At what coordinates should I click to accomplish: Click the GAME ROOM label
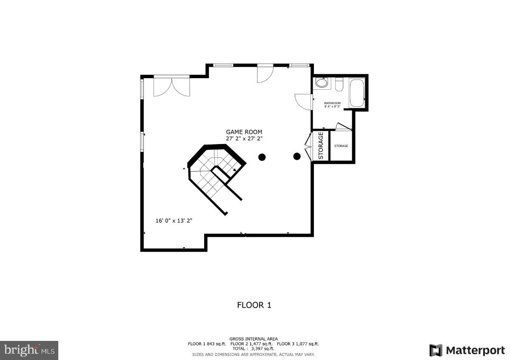point(244,132)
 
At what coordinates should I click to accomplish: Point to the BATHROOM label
point(332,103)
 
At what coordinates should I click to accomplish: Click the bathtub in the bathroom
point(357,93)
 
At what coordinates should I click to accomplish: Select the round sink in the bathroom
point(322,83)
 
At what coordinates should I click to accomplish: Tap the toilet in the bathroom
point(339,85)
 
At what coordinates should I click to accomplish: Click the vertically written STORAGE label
point(321,146)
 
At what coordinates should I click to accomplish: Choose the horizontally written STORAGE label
point(341,146)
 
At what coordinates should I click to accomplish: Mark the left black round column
point(262,157)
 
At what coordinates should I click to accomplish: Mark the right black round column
point(297,156)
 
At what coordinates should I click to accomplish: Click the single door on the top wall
point(264,74)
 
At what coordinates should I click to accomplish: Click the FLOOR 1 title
point(254,305)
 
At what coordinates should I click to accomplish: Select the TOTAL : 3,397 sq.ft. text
point(254,349)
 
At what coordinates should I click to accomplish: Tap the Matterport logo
point(467,350)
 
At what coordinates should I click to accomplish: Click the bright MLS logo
point(29,350)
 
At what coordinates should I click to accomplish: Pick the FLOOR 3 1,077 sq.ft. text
point(298,343)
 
